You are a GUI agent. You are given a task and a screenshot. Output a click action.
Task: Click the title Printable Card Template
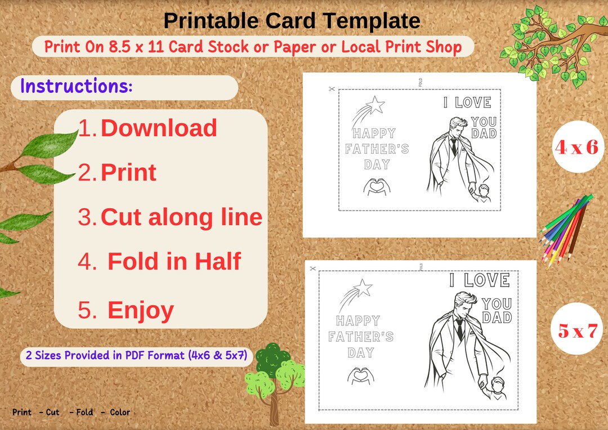pyautogui.click(x=292, y=21)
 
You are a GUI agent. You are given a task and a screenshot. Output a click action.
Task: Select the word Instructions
pyautogui.click(x=76, y=86)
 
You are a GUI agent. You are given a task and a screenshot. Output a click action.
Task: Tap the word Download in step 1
pyautogui.click(x=159, y=128)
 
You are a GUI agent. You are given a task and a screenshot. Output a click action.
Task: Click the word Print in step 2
pyautogui.click(x=128, y=172)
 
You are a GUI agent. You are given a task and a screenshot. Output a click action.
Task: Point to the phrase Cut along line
pyautogui.click(x=181, y=217)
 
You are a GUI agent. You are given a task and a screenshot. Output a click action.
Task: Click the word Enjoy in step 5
pyautogui.click(x=140, y=310)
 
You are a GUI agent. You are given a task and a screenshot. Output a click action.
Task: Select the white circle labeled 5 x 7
pyautogui.click(x=576, y=330)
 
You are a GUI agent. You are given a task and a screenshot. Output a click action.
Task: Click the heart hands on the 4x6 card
pyautogui.click(x=374, y=187)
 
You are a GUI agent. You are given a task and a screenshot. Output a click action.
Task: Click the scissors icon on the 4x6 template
pyautogui.click(x=331, y=88)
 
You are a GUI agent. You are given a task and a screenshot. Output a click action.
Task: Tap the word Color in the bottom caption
pyautogui.click(x=120, y=412)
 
